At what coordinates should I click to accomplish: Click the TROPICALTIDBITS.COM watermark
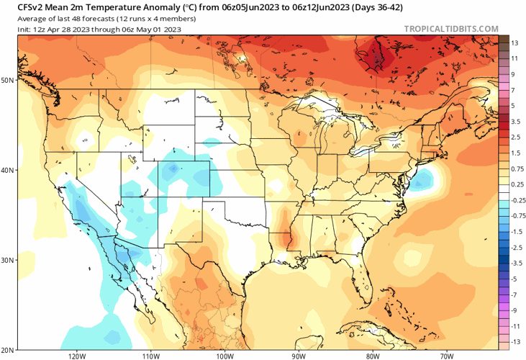click(x=451, y=29)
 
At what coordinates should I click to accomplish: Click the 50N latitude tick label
click(x=8, y=80)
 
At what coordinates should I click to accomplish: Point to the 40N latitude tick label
click(x=8, y=171)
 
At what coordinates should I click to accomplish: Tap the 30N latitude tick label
click(x=8, y=260)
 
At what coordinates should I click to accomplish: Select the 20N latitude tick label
click(x=8, y=349)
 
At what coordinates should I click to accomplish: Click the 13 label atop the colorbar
click(x=515, y=43)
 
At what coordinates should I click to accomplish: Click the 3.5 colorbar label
click(x=515, y=122)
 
